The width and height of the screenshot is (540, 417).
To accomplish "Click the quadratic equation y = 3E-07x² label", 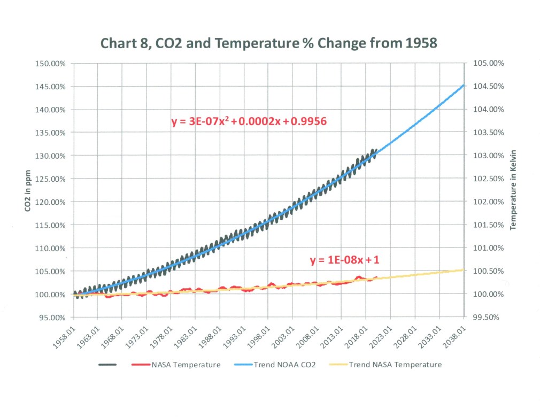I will [x=249, y=122].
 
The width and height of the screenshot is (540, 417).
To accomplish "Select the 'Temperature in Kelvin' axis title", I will [x=514, y=190].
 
